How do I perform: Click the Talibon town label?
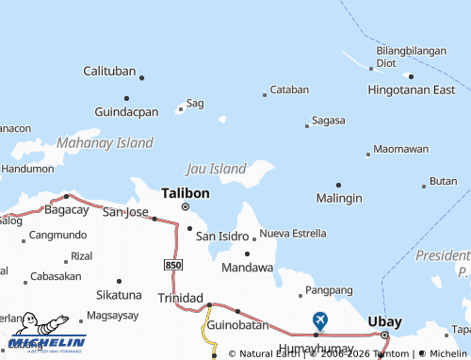point(185,191)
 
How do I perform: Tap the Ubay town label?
point(384,320)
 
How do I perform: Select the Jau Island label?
point(216,169)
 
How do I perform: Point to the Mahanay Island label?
point(105,143)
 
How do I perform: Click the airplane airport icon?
point(320,320)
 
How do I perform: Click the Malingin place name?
point(339,198)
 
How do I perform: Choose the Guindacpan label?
point(125,111)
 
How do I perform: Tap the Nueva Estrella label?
point(293,233)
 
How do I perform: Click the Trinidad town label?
point(179,297)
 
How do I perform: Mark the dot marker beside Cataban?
point(264,93)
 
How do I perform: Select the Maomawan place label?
point(400,149)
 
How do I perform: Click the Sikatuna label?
point(119,294)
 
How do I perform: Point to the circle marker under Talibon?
point(185,206)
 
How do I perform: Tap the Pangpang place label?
point(329,289)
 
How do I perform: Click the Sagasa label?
point(328,121)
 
